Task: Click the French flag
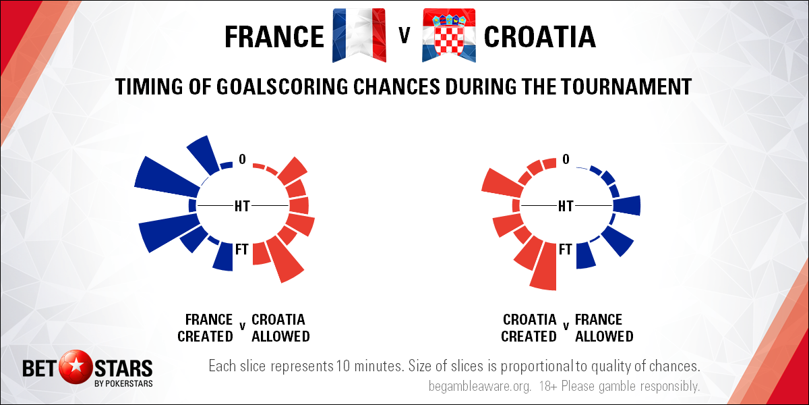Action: coord(359,35)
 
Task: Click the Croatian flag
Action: coord(449,35)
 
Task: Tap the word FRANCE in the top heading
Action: coord(274,37)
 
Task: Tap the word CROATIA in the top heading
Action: coord(539,37)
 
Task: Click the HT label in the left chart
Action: coord(242,206)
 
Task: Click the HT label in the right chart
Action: coord(566,206)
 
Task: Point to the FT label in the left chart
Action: coord(242,249)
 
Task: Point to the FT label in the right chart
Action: coord(566,249)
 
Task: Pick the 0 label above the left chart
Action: coord(242,159)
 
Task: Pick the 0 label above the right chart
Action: coord(566,159)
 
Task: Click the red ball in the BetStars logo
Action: coord(76,367)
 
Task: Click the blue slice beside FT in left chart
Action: coord(224,256)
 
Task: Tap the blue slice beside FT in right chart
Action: coord(585,255)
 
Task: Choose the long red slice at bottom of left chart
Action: coord(285,259)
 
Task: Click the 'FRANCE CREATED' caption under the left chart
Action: coord(205,328)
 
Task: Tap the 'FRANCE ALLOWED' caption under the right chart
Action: coord(604,328)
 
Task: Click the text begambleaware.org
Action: coord(480,386)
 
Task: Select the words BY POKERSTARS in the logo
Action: coord(123,383)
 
